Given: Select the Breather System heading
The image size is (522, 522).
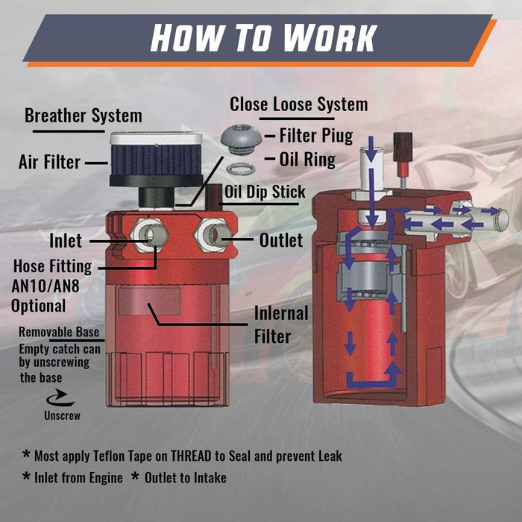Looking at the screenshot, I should coord(83,116).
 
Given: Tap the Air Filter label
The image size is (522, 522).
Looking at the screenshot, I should coord(49,162).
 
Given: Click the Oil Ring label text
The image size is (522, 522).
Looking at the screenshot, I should coord(307,160).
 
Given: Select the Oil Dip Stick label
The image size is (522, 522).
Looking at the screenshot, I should coord(265,192).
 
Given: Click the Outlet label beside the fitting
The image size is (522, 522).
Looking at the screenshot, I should coord(281,240).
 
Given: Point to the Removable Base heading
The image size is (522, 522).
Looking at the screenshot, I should coord(59,333).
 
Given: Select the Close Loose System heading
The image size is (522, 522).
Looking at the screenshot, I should coord(298,104).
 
